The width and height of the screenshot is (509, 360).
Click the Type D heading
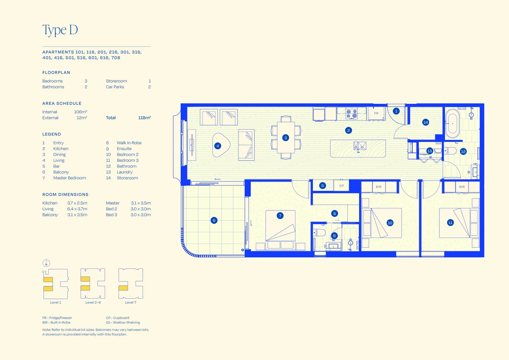(x=60, y=30)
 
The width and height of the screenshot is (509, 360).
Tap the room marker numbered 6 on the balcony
(x=214, y=220)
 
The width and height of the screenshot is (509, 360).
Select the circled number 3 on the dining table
(x=285, y=138)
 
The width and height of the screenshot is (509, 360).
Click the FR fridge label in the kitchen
(x=376, y=113)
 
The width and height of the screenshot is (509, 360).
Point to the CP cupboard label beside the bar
(x=341, y=186)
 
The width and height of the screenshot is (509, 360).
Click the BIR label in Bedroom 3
(x=462, y=187)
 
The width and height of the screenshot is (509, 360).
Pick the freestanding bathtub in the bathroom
(x=452, y=123)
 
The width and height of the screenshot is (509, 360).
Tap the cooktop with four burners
(x=352, y=114)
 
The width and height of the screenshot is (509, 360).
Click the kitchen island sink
(x=360, y=146)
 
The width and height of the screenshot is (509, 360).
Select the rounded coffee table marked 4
(x=221, y=145)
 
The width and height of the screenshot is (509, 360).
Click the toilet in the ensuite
(x=319, y=233)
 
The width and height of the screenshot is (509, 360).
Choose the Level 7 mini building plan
(x=131, y=283)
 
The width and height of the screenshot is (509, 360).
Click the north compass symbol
(x=46, y=263)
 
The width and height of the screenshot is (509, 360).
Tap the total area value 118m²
(x=144, y=118)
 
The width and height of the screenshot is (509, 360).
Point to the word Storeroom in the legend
(x=127, y=178)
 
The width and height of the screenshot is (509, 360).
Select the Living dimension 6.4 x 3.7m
(x=77, y=209)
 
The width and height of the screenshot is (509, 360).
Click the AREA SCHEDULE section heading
(x=62, y=103)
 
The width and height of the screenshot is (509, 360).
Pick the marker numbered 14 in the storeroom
(x=425, y=122)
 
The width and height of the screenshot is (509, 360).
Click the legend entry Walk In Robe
(x=129, y=143)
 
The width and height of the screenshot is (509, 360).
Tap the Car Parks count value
(x=150, y=87)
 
